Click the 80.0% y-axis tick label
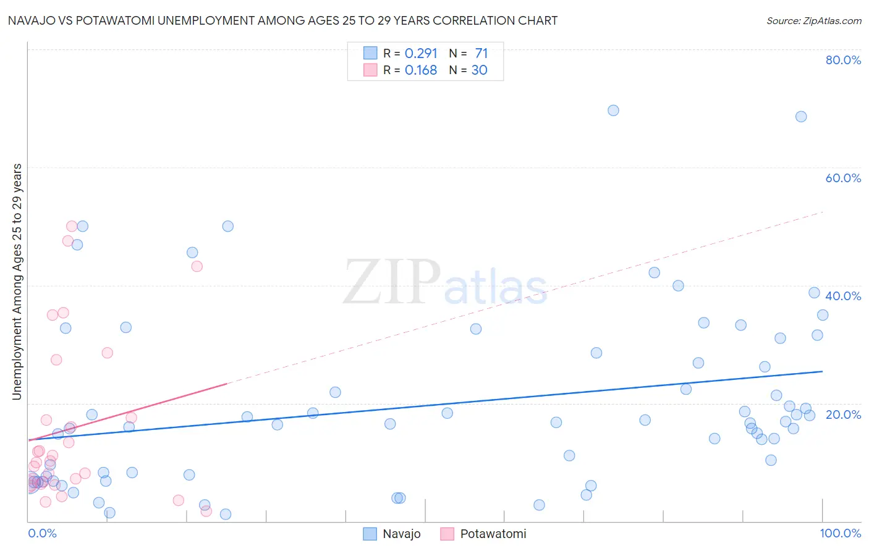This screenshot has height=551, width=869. (x=843, y=60)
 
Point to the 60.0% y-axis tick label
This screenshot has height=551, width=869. (x=843, y=178)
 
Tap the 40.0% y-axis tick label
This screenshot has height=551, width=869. (x=843, y=296)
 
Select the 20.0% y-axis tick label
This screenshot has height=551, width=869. (x=843, y=414)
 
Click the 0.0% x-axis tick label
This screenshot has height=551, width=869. (x=42, y=533)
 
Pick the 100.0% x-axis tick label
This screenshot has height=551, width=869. (x=840, y=533)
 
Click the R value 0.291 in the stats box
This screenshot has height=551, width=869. (x=421, y=53)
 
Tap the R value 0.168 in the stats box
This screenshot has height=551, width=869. (x=421, y=70)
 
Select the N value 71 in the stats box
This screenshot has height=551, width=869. (x=481, y=53)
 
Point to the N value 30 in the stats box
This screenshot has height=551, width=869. (x=479, y=70)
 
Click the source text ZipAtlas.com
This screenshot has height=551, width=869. (x=813, y=21)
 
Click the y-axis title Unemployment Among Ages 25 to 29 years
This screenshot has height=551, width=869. (x=17, y=281)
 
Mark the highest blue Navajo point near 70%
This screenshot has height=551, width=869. (x=613, y=111)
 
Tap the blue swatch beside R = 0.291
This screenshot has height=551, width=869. (x=370, y=53)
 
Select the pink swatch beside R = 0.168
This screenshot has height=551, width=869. (x=370, y=70)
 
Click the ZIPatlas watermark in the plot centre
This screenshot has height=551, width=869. (x=445, y=283)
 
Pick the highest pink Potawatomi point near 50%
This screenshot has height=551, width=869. (x=72, y=227)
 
